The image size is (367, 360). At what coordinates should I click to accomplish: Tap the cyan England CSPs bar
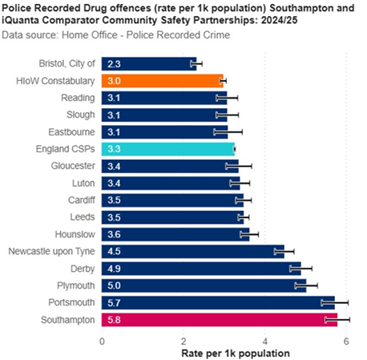point(168,148)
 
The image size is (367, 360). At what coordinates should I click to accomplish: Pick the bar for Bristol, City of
point(148,63)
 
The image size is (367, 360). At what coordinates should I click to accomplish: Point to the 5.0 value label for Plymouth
point(115,285)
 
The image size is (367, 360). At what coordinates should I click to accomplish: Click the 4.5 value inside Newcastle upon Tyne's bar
point(115,251)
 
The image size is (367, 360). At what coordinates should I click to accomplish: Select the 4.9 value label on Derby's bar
point(115,269)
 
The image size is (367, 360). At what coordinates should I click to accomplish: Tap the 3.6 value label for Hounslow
point(115,234)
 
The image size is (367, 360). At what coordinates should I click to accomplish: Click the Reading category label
point(79,97)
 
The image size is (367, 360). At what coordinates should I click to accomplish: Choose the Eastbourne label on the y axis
point(71,131)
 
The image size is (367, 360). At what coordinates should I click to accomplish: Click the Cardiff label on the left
point(79,200)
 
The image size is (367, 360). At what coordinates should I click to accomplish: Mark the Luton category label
point(83,183)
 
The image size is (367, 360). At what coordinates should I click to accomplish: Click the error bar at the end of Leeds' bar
point(244,216)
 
